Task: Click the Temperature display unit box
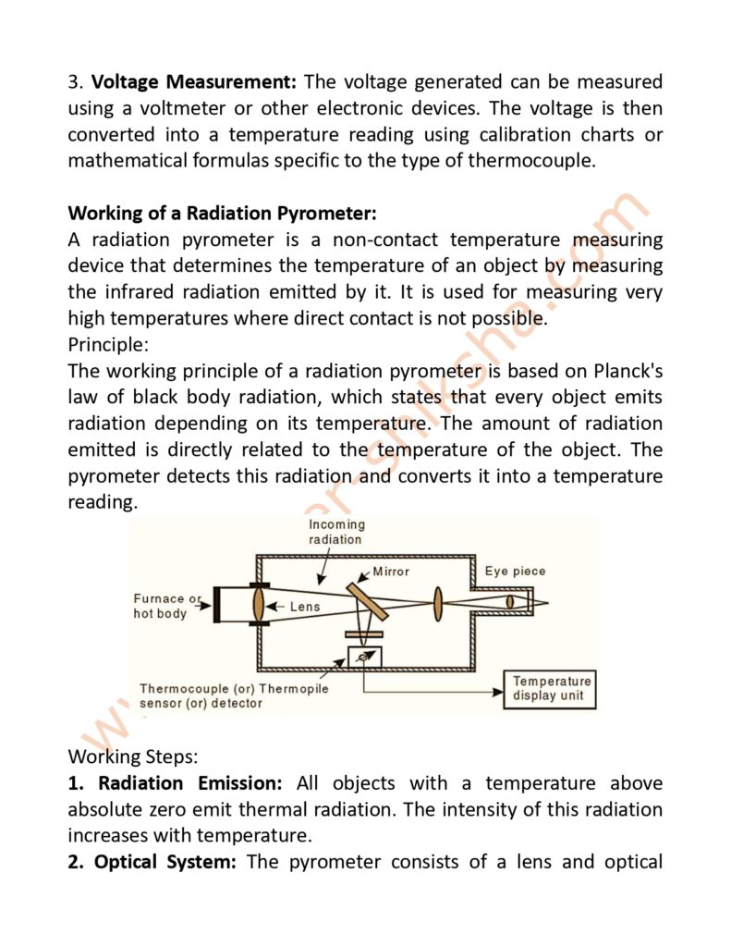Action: (550, 689)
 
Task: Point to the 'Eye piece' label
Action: (515, 571)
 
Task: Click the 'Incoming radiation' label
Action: (336, 532)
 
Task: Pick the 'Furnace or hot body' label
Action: (166, 606)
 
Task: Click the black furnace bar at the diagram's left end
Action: (215, 607)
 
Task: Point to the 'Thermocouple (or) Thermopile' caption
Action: (234, 688)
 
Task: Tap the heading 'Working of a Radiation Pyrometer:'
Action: (222, 214)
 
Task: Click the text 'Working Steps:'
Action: (132, 756)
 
